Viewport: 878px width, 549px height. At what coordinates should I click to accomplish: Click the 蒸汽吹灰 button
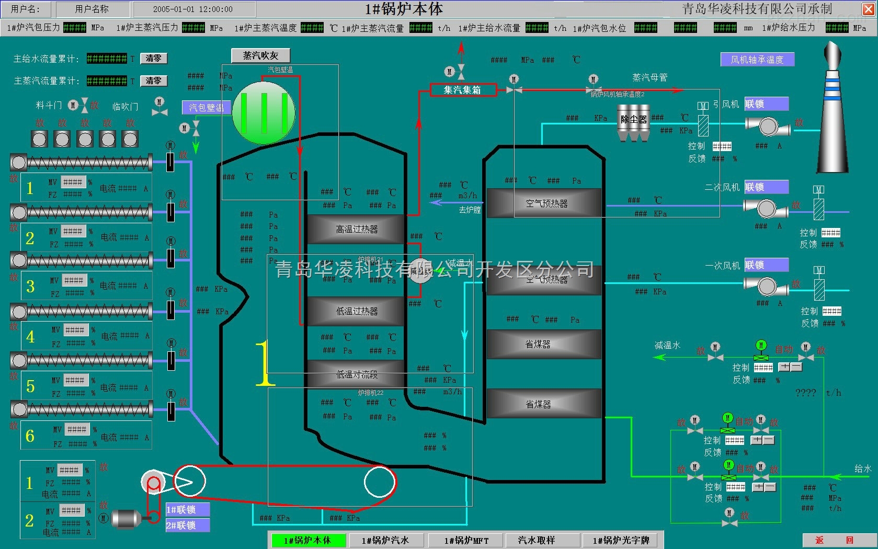tap(260, 55)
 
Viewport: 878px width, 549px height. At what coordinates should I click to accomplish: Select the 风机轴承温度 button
tap(757, 60)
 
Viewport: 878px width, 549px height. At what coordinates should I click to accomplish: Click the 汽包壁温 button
tap(207, 108)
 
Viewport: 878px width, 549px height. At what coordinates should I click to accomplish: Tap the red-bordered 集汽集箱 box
tap(462, 90)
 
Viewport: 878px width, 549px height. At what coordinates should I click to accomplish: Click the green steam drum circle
tap(264, 113)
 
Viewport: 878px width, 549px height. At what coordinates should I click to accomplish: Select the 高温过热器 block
tap(356, 229)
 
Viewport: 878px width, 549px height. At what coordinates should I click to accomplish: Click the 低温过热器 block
tap(356, 311)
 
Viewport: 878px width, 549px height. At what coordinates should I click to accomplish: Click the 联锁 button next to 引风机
tap(766, 104)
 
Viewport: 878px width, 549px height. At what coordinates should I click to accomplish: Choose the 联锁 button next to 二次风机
tap(766, 187)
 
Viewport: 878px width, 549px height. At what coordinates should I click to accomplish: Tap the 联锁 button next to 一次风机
tap(766, 265)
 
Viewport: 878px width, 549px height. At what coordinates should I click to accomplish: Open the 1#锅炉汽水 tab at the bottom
tap(385, 540)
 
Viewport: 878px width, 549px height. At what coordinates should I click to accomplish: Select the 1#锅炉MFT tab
tap(466, 540)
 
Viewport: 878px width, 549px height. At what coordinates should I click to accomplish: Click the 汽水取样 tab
tap(537, 540)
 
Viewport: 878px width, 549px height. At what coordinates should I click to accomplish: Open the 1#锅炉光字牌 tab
tap(621, 540)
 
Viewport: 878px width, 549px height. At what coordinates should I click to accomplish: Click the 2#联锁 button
tap(187, 525)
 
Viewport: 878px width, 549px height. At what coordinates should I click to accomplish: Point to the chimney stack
tap(833, 115)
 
